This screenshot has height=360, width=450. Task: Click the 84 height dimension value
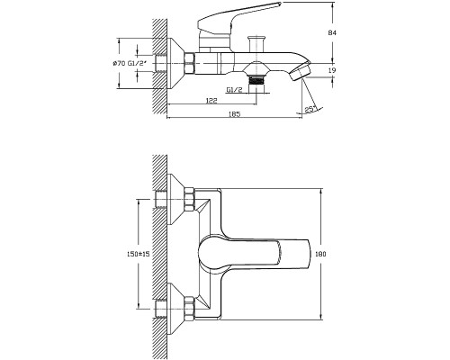click(x=333, y=32)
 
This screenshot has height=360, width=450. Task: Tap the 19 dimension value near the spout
click(x=332, y=70)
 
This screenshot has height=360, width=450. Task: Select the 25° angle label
click(x=310, y=110)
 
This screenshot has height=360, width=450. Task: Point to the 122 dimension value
click(x=211, y=101)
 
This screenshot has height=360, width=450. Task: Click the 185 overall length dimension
click(x=235, y=114)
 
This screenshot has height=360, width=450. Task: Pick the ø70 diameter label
click(x=120, y=64)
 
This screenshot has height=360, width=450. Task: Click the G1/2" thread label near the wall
click(x=138, y=64)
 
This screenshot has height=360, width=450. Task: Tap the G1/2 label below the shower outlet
click(x=234, y=90)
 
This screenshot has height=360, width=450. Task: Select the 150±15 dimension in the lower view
click(x=137, y=254)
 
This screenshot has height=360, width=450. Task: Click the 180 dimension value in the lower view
click(x=320, y=254)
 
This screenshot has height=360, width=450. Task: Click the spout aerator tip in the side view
click(x=300, y=71)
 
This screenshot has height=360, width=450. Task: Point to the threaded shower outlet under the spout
click(x=256, y=81)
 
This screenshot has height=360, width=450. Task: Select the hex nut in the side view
click(x=190, y=63)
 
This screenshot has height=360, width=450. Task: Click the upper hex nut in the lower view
click(x=190, y=199)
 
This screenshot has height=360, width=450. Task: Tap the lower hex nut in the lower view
click(x=190, y=308)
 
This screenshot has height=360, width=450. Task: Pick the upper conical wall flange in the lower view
click(x=175, y=199)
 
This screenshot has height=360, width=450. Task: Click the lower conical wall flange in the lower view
click(x=175, y=309)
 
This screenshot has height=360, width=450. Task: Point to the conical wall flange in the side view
click(x=175, y=63)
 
